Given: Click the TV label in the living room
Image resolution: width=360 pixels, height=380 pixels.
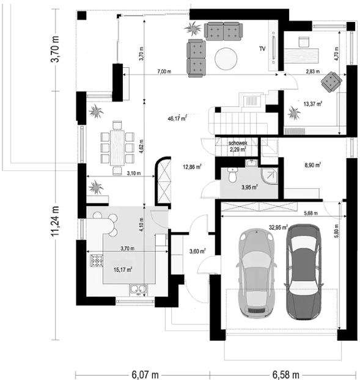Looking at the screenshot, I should [263, 48].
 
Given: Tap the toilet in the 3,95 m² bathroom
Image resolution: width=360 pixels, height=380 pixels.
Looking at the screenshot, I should [231, 176].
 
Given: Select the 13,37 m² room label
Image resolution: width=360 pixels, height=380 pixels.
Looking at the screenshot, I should [311, 103].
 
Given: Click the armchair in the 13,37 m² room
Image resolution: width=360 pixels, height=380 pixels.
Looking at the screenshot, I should [332, 81].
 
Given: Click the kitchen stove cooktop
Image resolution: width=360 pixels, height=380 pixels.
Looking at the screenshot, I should [97, 261].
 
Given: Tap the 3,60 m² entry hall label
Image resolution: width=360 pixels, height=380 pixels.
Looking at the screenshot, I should [197, 250].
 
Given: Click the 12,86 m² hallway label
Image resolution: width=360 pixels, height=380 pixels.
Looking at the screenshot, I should [191, 166].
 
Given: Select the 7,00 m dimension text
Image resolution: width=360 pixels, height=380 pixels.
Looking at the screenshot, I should [164, 71].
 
